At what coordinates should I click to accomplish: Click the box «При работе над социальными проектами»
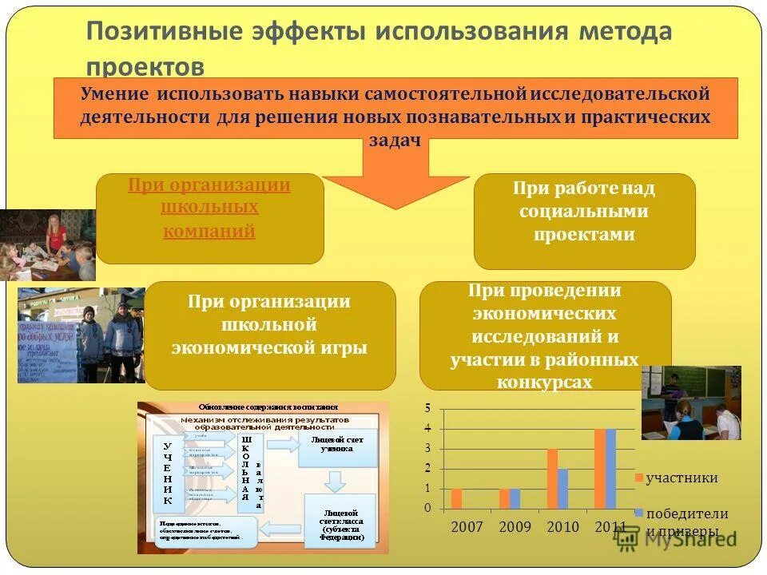coord(584,221)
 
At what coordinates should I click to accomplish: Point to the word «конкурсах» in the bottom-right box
coord(544,383)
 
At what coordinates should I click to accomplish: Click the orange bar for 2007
coord(456,498)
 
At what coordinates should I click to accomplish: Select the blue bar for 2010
coord(562,488)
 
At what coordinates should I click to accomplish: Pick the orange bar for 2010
coord(552,478)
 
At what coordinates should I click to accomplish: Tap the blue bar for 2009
coord(515,498)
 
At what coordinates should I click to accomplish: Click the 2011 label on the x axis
coord(610,527)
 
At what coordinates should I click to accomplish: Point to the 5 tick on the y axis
coord(427,408)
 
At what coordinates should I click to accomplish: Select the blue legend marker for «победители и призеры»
coord(638,513)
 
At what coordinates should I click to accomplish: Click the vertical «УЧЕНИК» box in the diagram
coord(168,473)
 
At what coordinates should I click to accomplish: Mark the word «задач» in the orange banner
coord(395,139)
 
